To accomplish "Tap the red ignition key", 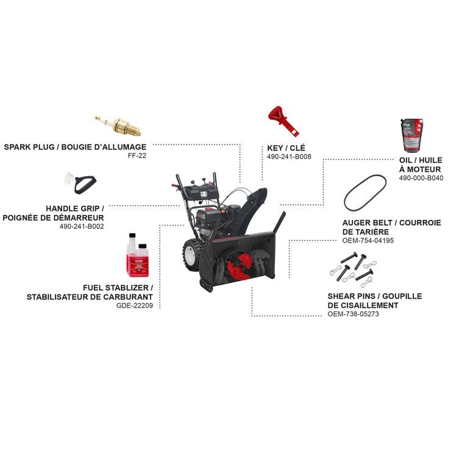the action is (x=283, y=121).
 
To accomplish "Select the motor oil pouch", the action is (x=412, y=135).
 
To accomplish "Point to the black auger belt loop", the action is (x=365, y=193).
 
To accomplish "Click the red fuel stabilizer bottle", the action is (x=138, y=255).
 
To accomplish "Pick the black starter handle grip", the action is (x=85, y=185).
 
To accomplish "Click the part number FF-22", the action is (x=137, y=156).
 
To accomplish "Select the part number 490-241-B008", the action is (x=289, y=157).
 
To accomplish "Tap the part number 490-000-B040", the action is (x=421, y=178).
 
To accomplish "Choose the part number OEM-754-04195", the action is (x=368, y=241).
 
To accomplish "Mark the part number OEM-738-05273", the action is (x=353, y=314).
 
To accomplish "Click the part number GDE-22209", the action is (x=135, y=305).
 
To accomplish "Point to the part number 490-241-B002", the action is (x=82, y=226).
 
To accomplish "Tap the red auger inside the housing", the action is (x=240, y=266).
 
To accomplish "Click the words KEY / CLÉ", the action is (x=286, y=148).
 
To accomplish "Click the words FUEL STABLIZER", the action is (x=116, y=288).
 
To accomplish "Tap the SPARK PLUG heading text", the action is (x=29, y=147).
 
